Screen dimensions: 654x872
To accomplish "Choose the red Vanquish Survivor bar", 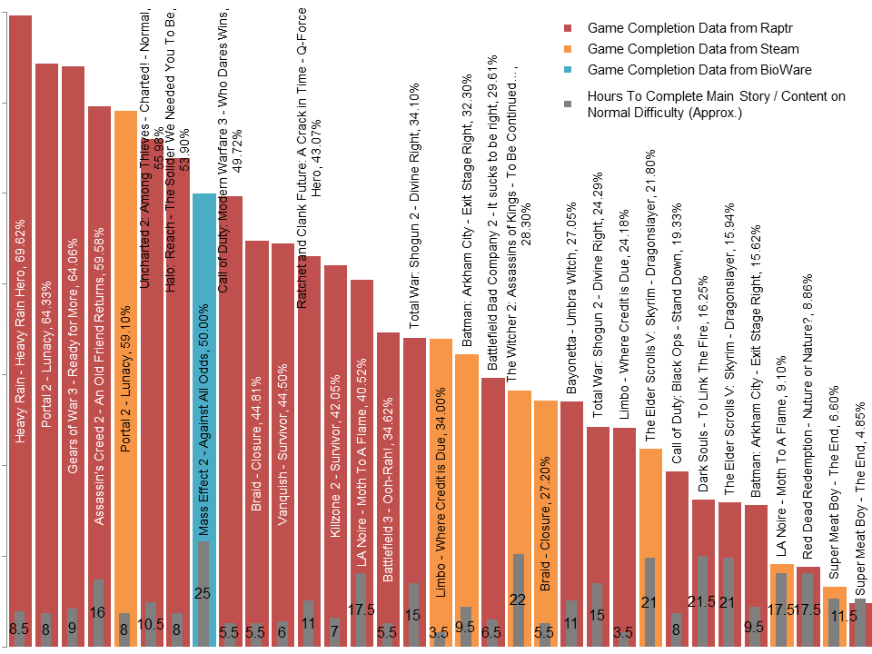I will tap(282, 409).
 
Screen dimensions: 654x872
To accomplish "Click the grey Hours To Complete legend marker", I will tap(568, 104).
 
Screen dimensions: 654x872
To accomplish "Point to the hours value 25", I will tap(203, 594).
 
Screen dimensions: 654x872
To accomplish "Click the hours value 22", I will tap(518, 599).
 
